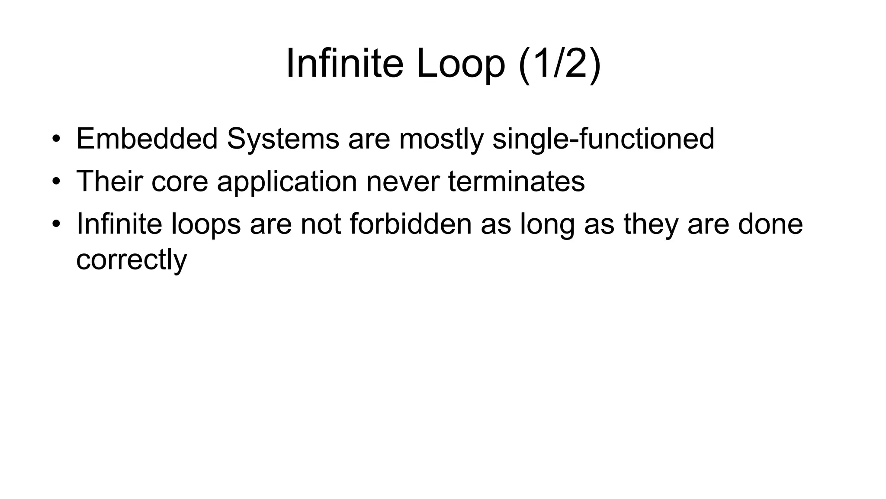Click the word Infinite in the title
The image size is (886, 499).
click(345, 64)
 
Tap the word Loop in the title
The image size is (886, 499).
click(460, 64)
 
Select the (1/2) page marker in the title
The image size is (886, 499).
click(559, 64)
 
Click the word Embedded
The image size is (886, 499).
click(147, 139)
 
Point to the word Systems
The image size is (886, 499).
click(283, 139)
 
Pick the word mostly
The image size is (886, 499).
click(441, 139)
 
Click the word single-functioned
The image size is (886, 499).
click(603, 139)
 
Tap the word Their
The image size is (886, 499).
click(109, 181)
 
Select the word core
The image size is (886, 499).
click(180, 181)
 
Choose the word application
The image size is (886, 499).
click(287, 181)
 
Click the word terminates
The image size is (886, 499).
click(517, 181)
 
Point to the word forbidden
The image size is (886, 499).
click(411, 224)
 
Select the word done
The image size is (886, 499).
click(770, 224)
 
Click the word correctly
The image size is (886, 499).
click(132, 260)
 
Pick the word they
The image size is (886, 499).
click(651, 224)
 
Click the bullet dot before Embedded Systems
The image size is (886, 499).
click(56, 139)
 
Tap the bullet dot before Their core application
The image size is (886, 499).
click(56, 181)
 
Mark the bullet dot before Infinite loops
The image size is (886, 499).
click(56, 224)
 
